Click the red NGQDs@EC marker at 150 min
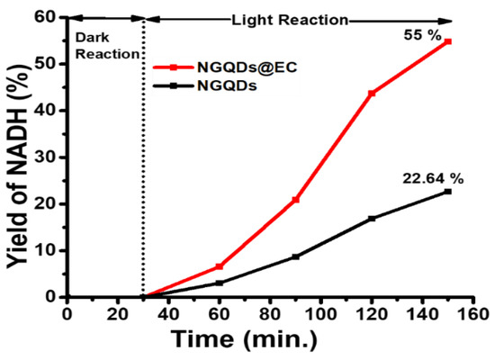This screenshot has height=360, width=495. [x=447, y=41]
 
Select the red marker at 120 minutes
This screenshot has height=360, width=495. [x=372, y=93]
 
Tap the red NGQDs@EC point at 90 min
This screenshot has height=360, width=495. [x=295, y=199]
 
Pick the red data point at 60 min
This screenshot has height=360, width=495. [x=219, y=266]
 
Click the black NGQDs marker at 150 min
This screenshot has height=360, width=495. [x=447, y=191]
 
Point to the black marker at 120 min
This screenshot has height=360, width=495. [x=372, y=218]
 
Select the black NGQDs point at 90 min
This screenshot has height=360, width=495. [x=295, y=256]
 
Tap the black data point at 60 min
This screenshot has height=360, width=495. [x=219, y=283]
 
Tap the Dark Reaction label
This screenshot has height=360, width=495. [x=105, y=46]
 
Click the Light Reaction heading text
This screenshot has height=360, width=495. [x=291, y=18]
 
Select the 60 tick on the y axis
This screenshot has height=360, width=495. [x=50, y=17]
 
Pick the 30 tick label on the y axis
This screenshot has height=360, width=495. [x=50, y=157]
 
